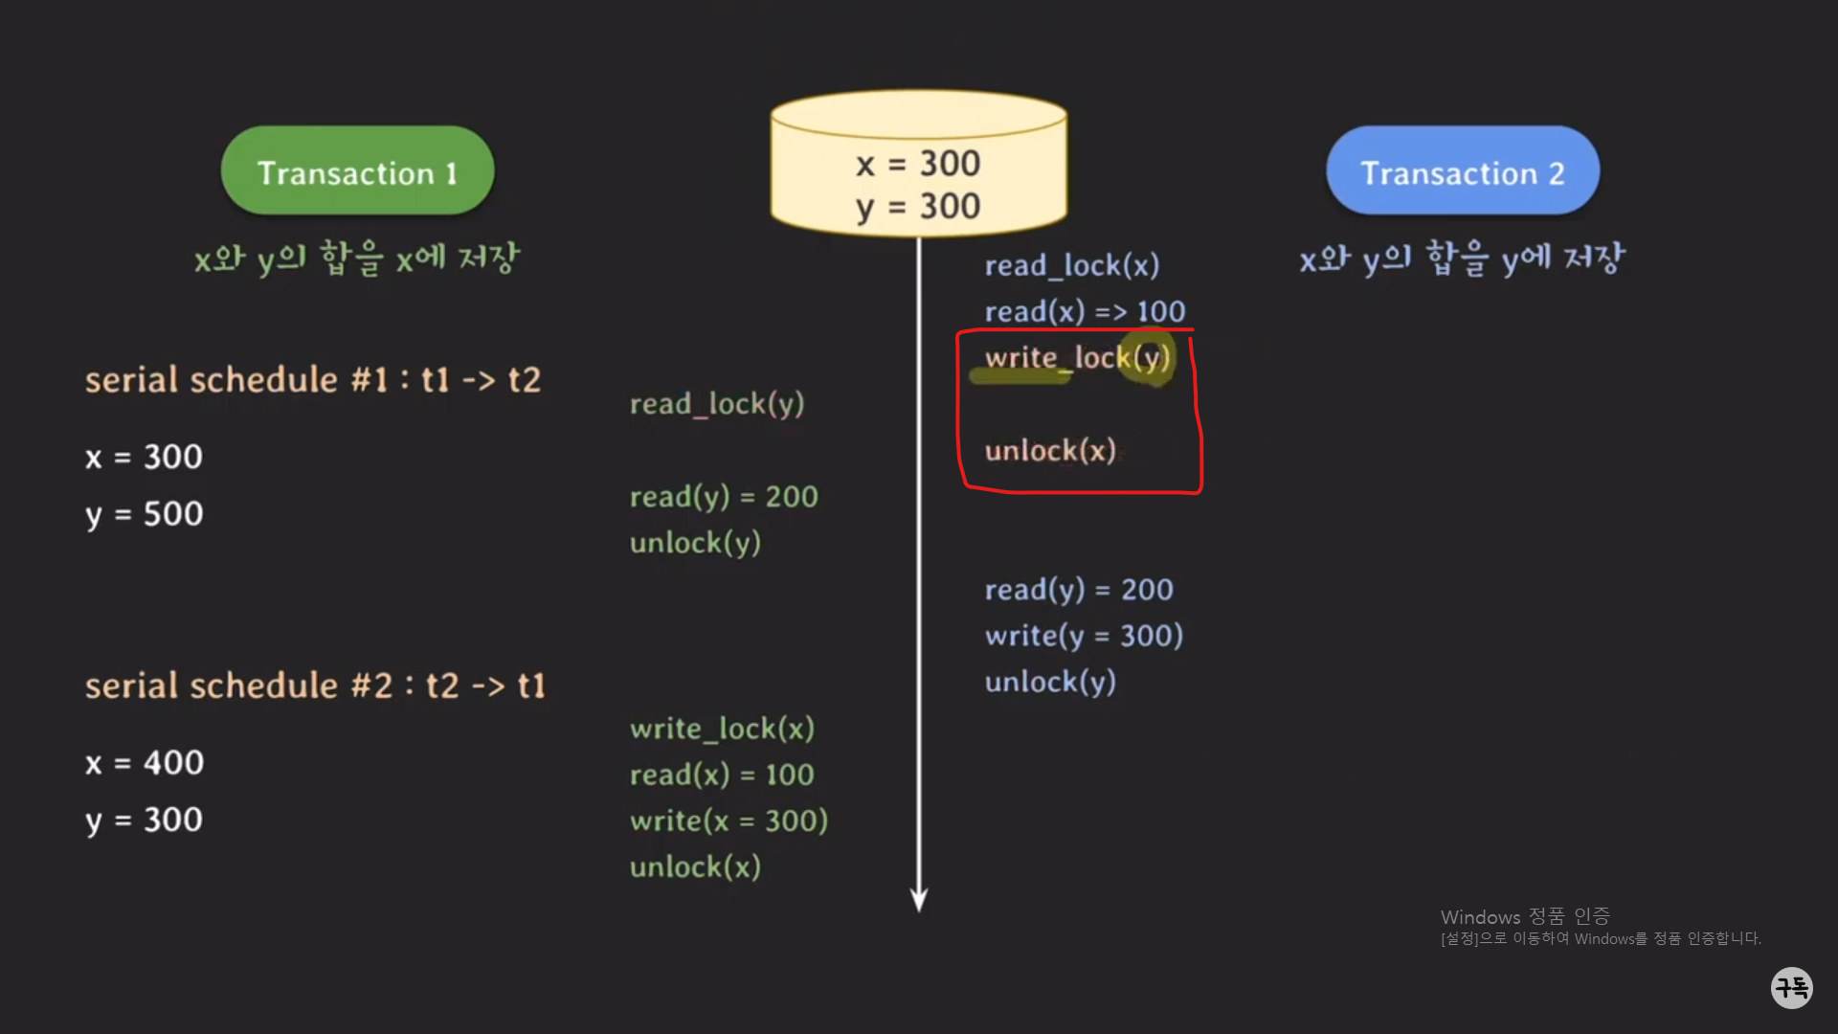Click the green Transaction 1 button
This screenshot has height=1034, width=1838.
pyautogui.click(x=357, y=172)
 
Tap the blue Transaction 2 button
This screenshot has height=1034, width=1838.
pyautogui.click(x=1462, y=172)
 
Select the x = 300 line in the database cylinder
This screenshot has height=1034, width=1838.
pyautogui.click(x=918, y=164)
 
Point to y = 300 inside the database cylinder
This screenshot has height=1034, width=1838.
pyautogui.click(x=918, y=207)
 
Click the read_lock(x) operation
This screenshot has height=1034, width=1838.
pyautogui.click(x=1072, y=265)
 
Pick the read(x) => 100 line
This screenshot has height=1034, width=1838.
pyautogui.click(x=1085, y=311)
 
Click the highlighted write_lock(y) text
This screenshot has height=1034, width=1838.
pyautogui.click(x=1077, y=358)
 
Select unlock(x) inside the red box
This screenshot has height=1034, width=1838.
pyautogui.click(x=1050, y=450)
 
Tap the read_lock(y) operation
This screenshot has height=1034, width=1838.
pyautogui.click(x=716, y=404)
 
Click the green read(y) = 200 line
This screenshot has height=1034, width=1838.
pyautogui.click(x=724, y=497)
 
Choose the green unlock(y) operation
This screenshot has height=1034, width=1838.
pyautogui.click(x=695, y=543)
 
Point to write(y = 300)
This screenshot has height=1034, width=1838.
pyautogui.click(x=1084, y=636)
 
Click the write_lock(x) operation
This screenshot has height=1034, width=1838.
pyautogui.click(x=722, y=729)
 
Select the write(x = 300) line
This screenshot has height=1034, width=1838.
pyautogui.click(x=728, y=820)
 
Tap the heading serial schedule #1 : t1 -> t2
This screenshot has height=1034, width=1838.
pyautogui.click(x=313, y=380)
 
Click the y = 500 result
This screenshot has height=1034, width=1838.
pyautogui.click(x=145, y=514)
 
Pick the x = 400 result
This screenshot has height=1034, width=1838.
pyautogui.click(x=145, y=763)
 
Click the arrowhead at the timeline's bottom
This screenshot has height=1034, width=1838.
pyautogui.click(x=919, y=900)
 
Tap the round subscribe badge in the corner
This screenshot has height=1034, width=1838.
pyautogui.click(x=1791, y=987)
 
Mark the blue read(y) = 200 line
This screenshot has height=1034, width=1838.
pyautogui.click(x=1079, y=590)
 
